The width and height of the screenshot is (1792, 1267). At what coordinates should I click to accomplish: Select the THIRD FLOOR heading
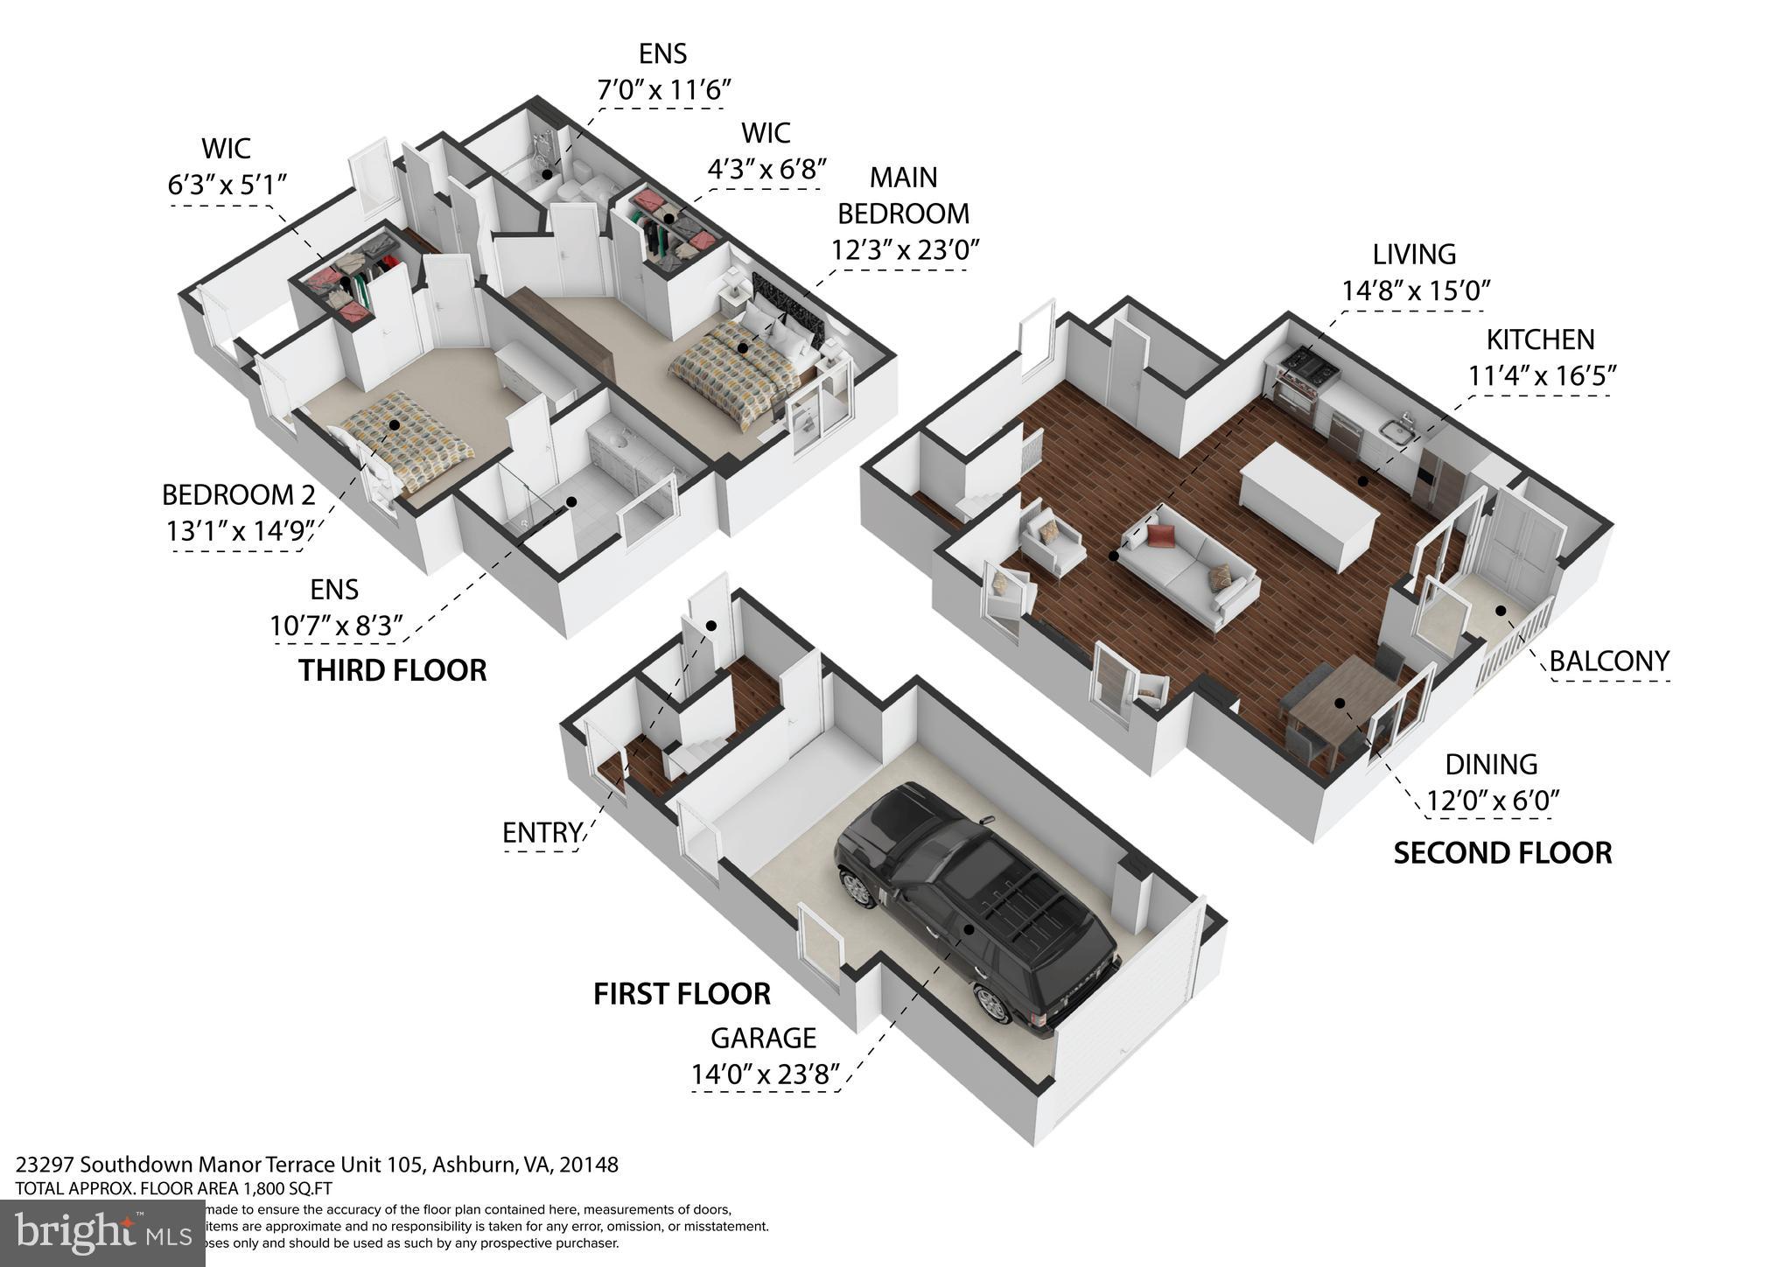point(392,670)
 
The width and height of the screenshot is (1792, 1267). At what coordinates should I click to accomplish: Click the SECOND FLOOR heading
point(1501,852)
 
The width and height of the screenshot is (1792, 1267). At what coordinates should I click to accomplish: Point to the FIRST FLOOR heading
point(682,994)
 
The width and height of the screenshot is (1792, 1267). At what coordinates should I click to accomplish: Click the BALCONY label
point(1608,661)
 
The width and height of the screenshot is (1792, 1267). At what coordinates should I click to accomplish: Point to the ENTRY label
point(542,832)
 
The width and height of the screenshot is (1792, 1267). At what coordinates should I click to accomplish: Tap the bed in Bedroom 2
point(407,442)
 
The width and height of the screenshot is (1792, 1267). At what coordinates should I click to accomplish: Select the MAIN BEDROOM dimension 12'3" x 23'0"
point(904,249)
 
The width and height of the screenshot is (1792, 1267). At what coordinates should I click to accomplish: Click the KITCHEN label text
point(1540,339)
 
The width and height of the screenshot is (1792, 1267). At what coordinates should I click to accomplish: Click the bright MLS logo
point(102,1233)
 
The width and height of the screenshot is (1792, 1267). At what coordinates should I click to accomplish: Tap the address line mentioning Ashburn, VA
point(317,1165)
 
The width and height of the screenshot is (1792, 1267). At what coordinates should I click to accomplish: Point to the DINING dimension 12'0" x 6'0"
point(1494,801)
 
